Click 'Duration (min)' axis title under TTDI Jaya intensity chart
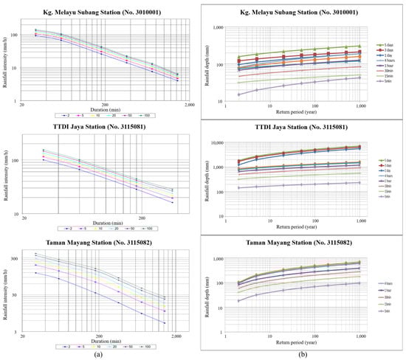[102, 224]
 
